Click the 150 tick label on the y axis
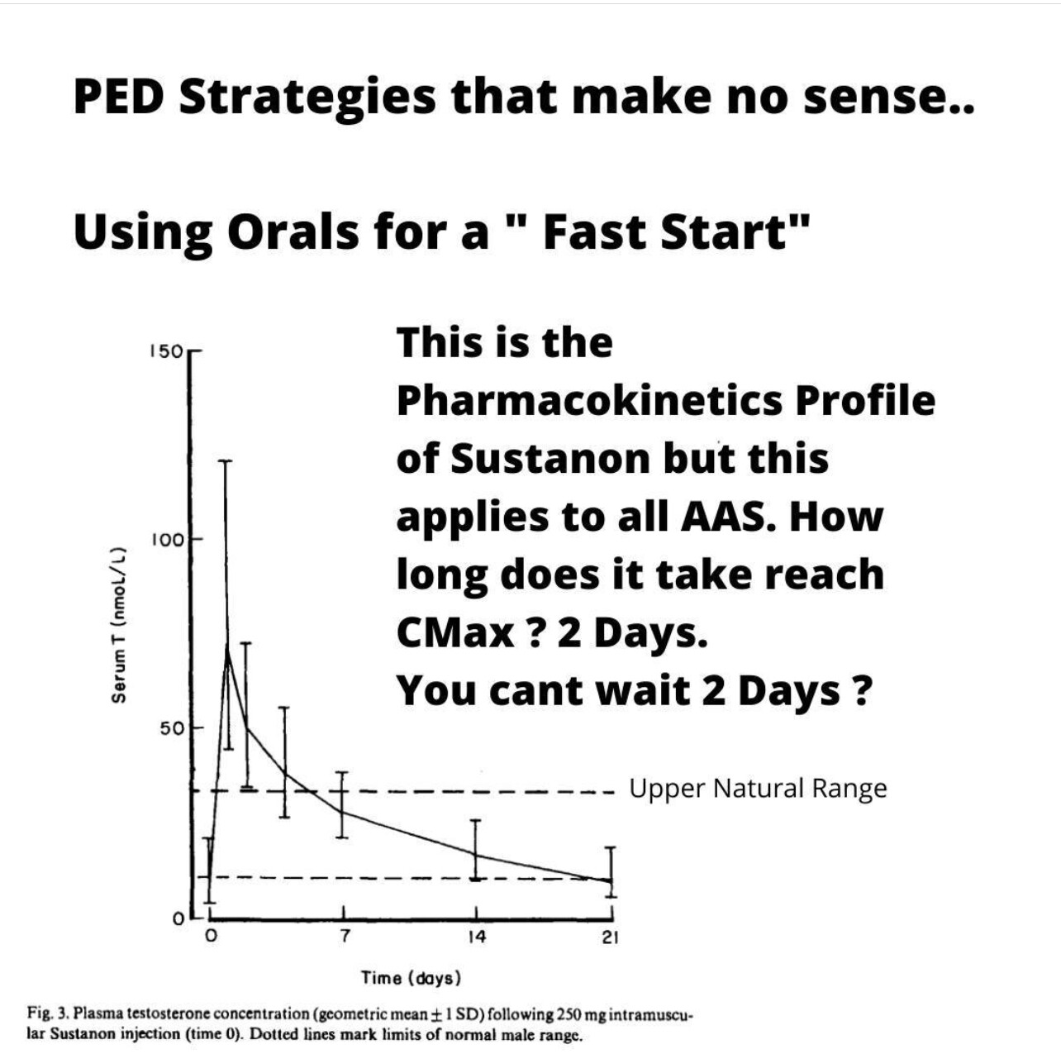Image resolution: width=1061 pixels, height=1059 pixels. click(164, 351)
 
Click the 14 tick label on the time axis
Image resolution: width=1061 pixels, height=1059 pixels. click(476, 936)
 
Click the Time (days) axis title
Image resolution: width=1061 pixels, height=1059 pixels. click(411, 978)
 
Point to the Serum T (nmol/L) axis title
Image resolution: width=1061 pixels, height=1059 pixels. click(119, 625)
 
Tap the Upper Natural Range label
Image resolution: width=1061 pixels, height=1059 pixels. click(759, 789)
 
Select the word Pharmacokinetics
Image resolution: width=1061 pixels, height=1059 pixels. click(589, 401)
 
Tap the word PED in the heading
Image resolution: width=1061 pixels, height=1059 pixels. click(119, 96)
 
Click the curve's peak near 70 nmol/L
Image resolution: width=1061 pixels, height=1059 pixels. click(226, 648)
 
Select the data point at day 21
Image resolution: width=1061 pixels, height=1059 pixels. click(610, 881)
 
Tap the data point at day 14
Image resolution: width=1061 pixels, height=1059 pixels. click(476, 855)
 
